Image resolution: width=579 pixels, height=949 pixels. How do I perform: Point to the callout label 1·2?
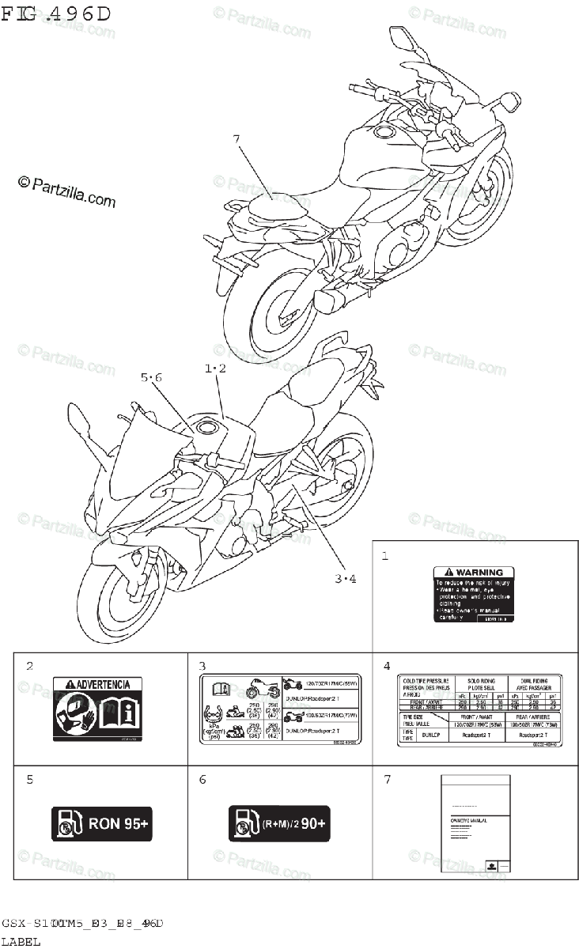[215, 369]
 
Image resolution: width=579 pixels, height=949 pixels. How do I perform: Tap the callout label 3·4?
[345, 578]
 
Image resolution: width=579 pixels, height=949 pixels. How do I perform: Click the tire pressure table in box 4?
[479, 710]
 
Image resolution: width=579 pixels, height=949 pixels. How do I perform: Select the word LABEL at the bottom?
[21, 941]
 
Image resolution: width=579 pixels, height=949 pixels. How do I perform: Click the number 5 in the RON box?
[29, 780]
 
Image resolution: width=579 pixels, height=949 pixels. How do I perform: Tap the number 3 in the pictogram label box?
[202, 666]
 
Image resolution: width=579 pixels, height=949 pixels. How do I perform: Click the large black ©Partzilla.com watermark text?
[66, 192]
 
